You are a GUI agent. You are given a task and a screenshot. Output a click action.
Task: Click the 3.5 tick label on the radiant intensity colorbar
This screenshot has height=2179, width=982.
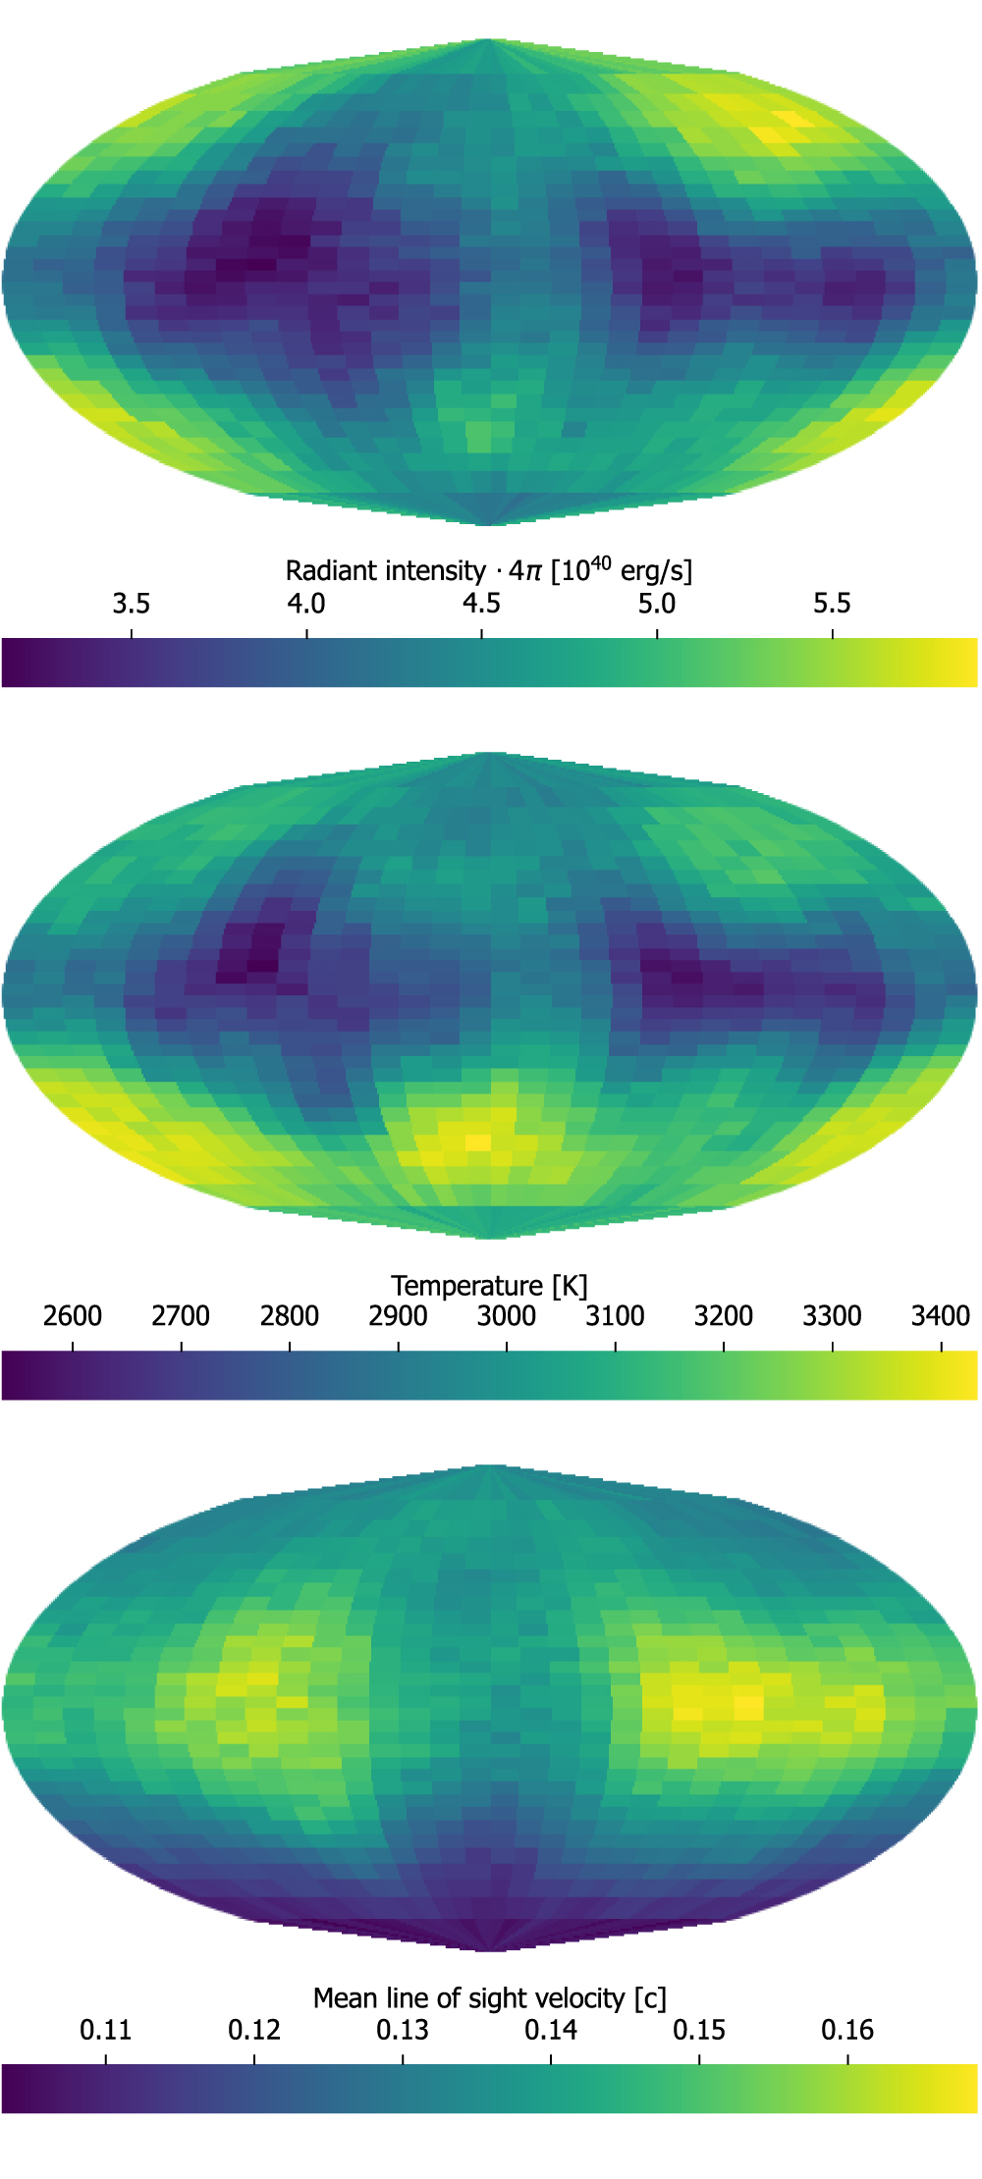[x=131, y=603]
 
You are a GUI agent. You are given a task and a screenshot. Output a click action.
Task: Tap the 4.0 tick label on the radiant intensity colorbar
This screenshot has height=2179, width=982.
[x=306, y=603]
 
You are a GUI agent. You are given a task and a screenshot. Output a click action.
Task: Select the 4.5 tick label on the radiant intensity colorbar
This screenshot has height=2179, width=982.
[x=481, y=603]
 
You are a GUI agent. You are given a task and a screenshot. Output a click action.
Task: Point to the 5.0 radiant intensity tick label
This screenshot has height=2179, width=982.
[x=657, y=603]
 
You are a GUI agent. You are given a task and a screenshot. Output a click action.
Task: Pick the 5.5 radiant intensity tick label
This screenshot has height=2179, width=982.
[x=832, y=603]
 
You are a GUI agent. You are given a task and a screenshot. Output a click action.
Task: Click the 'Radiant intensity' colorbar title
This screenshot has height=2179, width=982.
[x=488, y=570]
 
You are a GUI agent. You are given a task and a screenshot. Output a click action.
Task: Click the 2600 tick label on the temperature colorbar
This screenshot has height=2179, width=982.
[x=73, y=1316]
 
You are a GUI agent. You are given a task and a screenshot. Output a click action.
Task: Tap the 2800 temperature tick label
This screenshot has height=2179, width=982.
[x=290, y=1316]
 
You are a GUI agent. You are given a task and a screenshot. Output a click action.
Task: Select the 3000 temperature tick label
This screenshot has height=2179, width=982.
[x=507, y=1316]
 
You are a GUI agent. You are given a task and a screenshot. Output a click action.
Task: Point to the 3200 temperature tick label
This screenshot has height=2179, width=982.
[x=724, y=1316]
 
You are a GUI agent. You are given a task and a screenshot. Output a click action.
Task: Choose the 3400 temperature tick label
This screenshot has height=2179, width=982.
[x=941, y=1316]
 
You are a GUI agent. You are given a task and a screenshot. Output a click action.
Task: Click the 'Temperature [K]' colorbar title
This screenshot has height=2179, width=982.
[x=488, y=1285]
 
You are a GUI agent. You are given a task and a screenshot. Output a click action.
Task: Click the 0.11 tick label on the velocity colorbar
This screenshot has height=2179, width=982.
[x=105, y=2030]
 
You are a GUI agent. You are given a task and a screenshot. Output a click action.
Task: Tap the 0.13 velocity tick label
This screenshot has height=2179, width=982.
[x=403, y=2030]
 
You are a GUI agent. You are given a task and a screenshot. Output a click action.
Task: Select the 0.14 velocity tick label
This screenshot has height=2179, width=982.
[x=551, y=2030]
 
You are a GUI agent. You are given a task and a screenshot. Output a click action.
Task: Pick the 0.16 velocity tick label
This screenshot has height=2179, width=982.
[x=847, y=2030]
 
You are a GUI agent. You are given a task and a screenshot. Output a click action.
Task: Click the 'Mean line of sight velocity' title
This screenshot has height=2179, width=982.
[x=488, y=1998]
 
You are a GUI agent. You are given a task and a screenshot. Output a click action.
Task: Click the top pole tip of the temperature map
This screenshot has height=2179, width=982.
[x=489, y=754]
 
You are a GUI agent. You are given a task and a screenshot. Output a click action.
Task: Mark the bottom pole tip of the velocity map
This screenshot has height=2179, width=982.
[x=489, y=1950]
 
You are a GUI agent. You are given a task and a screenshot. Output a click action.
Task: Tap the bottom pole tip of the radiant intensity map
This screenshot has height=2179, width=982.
[x=489, y=524]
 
